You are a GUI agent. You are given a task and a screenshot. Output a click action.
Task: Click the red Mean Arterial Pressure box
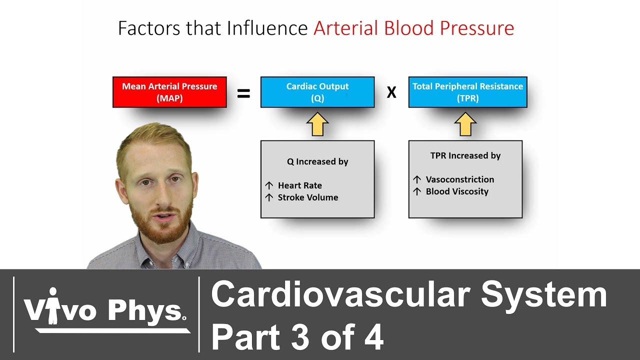169,92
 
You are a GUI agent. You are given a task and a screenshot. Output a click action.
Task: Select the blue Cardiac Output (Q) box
317,92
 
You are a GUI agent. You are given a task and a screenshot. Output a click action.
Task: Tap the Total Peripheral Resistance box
467,92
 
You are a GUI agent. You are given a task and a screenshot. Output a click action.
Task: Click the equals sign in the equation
243,93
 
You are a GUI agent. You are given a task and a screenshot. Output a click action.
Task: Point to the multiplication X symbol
391,93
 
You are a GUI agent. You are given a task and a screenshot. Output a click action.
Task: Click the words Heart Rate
300,185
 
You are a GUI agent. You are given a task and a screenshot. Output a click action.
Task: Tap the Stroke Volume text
308,197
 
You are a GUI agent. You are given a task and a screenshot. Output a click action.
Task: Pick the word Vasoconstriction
460,179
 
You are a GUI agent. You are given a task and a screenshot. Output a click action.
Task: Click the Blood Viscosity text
457,191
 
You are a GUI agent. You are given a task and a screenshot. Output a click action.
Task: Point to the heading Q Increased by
317,161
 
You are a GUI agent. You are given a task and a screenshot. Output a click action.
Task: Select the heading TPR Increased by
465,155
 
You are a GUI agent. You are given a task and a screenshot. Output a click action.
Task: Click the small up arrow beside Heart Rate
269,185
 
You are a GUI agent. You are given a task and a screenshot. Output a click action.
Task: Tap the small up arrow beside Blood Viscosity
417,191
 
